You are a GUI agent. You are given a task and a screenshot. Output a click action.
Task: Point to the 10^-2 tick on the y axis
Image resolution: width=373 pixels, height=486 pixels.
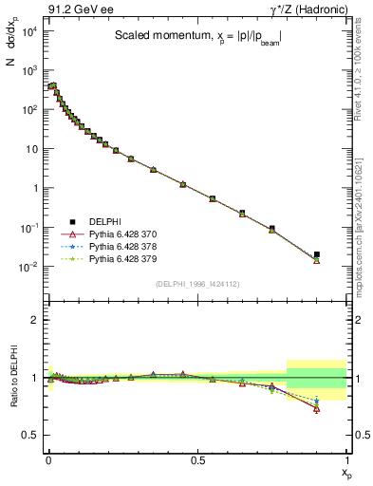(x=28, y=267)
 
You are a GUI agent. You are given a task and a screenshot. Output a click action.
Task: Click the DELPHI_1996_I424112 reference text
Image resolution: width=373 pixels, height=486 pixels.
(x=197, y=283)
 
